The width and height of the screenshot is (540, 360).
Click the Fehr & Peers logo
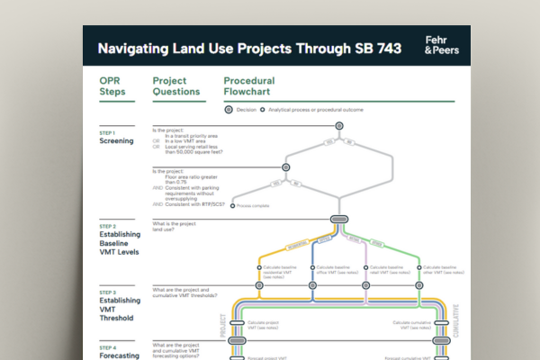point(441,45)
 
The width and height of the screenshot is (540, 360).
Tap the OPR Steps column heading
point(113,86)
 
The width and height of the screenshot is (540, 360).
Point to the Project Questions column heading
point(175,86)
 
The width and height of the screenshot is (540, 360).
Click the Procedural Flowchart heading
point(249,86)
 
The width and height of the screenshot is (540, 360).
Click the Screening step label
point(116,141)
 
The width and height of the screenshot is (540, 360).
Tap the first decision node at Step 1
point(339,129)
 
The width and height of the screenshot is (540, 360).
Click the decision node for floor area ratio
point(286,166)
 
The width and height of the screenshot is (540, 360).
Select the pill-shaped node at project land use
point(339,219)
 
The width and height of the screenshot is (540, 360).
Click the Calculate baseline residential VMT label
point(282,271)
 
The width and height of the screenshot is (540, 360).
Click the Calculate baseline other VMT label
point(441,271)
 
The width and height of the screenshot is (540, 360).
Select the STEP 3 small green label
point(107,292)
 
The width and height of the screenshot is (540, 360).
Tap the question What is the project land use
point(175,226)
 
